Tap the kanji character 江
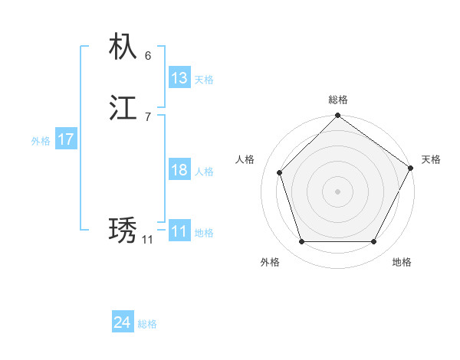[x=123, y=108]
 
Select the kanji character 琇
[x=123, y=231]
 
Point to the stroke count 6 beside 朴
[x=148, y=56]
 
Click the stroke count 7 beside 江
[x=148, y=116]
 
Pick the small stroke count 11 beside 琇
[x=147, y=240]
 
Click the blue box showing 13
[x=179, y=78]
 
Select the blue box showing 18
[x=179, y=170]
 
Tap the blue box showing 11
[x=179, y=231]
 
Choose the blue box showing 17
[x=66, y=139]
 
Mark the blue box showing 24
[x=123, y=323]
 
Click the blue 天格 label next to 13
[x=204, y=80]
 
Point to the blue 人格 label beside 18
[x=204, y=172]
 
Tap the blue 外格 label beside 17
[x=41, y=141]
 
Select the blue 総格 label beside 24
[x=147, y=325]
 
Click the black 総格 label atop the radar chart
[x=338, y=100]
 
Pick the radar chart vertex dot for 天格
[x=410, y=168]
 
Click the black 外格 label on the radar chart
[x=270, y=262]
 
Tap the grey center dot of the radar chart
[x=337, y=191]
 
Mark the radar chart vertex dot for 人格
[x=280, y=172]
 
